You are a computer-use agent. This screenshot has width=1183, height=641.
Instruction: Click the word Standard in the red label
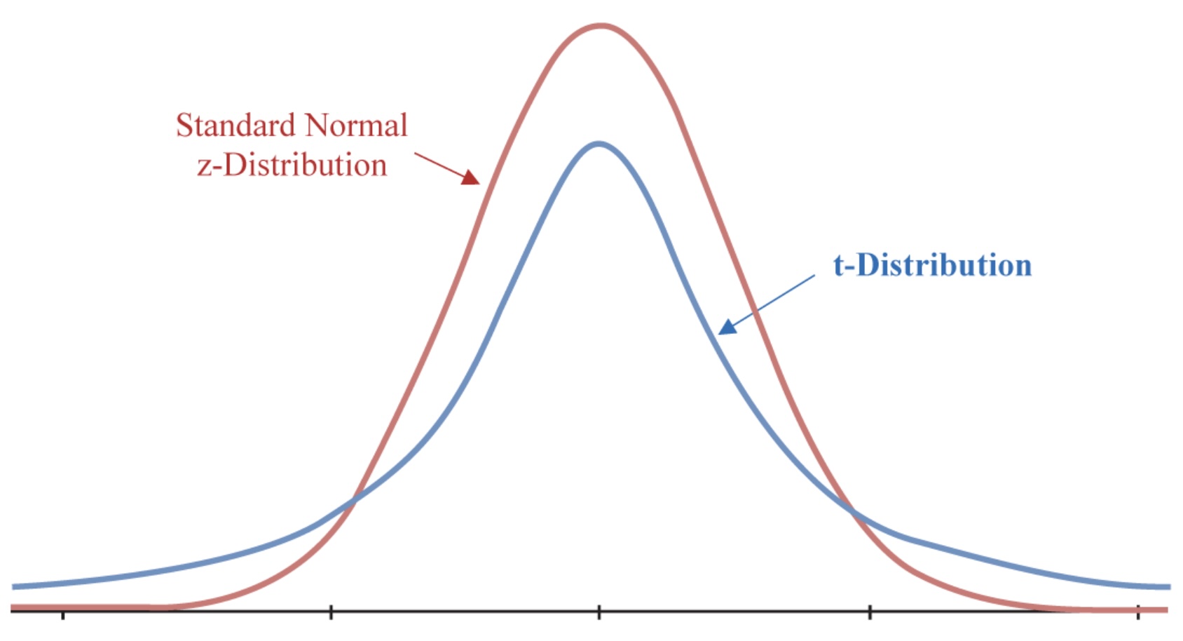coord(236,126)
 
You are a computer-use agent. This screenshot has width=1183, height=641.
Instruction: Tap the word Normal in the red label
coord(356,126)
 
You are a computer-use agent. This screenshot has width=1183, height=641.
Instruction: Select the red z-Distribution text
coord(292,166)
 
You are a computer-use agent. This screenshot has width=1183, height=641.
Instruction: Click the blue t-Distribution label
coord(932,266)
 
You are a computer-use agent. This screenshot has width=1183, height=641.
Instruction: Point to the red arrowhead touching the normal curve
coord(471,177)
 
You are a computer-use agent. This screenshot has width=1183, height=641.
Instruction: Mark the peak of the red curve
coord(601,27)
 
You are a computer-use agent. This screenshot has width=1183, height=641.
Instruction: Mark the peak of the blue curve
coord(599,144)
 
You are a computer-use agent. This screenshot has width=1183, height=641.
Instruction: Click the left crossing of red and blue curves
coord(353,501)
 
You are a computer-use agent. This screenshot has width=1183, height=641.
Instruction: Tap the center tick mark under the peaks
coord(599,612)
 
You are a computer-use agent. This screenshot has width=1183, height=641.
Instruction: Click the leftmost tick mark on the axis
coord(63,614)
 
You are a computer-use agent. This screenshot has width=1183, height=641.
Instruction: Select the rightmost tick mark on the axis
coord(1138,612)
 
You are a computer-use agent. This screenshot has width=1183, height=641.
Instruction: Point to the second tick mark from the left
coord(331,612)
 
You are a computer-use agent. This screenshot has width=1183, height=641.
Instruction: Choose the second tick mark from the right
coord(870,612)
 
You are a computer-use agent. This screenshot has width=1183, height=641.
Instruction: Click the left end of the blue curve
coord(14,586)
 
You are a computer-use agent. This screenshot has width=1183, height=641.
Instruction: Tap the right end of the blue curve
coord(1168,586)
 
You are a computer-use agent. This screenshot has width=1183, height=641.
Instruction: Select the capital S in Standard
coord(184,126)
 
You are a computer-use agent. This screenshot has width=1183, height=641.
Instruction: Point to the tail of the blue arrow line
coord(814,276)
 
